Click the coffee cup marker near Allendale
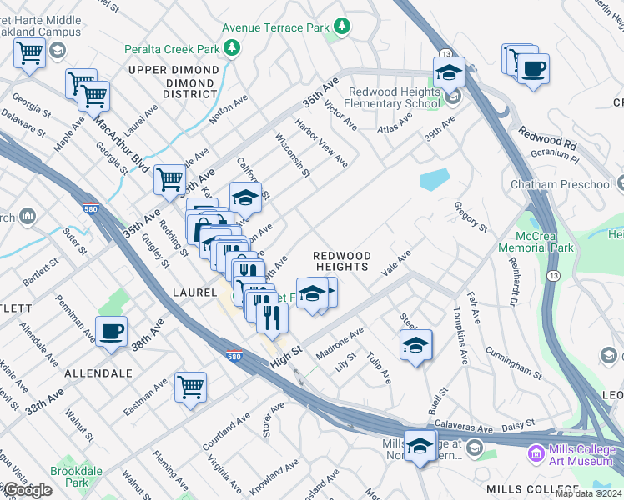pyautogui.click(x=111, y=332)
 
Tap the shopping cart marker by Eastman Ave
pyautogui.click(x=190, y=387)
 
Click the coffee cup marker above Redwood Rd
pyautogui.click(x=533, y=68)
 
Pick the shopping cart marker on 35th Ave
pyautogui.click(x=169, y=179)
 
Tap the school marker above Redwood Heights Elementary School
pyautogui.click(x=449, y=72)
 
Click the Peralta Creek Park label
pyautogui.click(x=172, y=49)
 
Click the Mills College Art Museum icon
pyautogui.click(x=534, y=454)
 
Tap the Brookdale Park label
pyautogui.click(x=70, y=476)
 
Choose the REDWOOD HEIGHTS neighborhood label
pyautogui.click(x=341, y=260)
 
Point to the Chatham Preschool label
pyautogui.click(x=575, y=183)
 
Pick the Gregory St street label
pyautogui.click(x=471, y=214)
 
